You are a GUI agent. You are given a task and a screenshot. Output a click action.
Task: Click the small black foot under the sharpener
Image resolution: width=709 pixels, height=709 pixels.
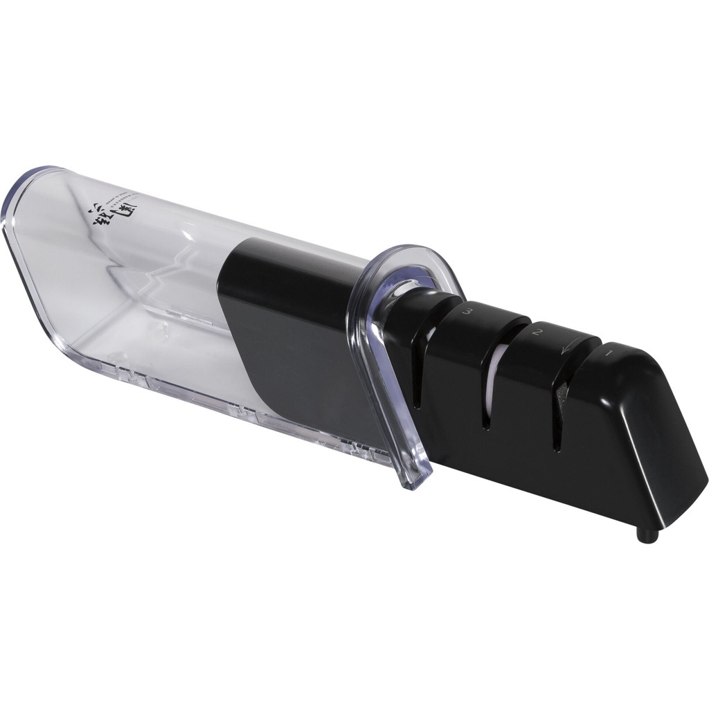click(646, 535)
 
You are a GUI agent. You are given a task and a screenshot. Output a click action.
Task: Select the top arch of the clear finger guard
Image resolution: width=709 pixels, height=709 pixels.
click(409, 253)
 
